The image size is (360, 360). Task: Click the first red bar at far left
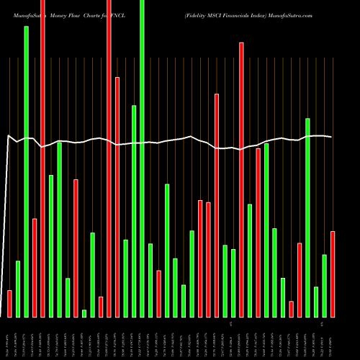[9, 303]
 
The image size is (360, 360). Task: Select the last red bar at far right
[333, 274]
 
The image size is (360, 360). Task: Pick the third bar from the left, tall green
[27, 171]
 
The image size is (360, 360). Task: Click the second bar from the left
[18, 289]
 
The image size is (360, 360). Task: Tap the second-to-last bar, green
[325, 285]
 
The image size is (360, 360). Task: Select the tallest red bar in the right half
[241, 179]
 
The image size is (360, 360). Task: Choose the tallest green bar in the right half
[307, 217]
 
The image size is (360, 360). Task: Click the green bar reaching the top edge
[142, 158]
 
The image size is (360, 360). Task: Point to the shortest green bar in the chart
[84, 313]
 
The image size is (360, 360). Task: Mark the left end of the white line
[7, 135]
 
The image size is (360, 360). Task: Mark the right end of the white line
[332, 137]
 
